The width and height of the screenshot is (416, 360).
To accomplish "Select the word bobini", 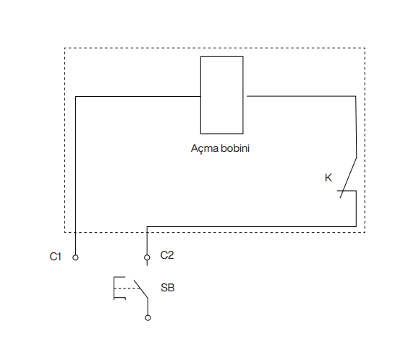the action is tap(235, 148).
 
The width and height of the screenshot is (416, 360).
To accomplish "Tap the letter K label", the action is tap(328, 178).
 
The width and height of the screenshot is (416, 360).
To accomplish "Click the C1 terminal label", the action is tap(56, 257).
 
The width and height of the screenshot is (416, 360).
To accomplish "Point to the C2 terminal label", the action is tap(167, 255).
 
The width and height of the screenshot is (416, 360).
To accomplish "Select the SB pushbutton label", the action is tap(168, 288).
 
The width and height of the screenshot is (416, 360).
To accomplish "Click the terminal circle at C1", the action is tap(75, 257).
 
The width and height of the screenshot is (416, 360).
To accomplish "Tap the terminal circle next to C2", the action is tap(147, 257).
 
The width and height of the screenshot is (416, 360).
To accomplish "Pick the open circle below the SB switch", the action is tap(148, 317).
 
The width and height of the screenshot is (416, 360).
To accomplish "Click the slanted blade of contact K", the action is tap(348, 178).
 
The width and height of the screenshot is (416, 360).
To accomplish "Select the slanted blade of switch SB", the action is tap(141, 289).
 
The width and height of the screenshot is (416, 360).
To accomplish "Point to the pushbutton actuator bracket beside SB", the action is tap(114, 288).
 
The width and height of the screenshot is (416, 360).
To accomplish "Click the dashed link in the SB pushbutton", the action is tap(127, 288).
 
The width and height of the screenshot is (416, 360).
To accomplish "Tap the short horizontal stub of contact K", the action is tap(347, 191).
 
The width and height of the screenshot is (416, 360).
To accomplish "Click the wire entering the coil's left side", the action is tap(138, 96).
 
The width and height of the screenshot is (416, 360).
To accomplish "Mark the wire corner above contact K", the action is tap(356, 96).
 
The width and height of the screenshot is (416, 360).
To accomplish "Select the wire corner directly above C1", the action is tap(76, 96).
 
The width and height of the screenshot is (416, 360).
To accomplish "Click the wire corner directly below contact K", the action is tap(356, 227).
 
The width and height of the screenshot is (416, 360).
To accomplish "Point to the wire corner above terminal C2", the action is tap(147, 227).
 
